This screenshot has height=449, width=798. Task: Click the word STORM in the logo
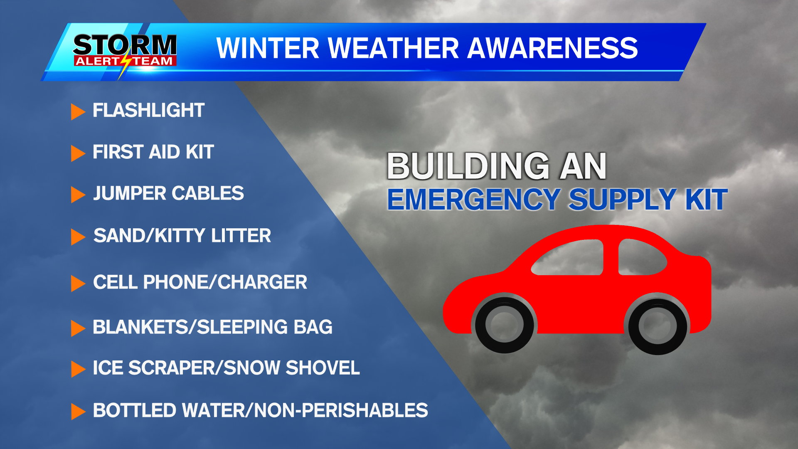point(125,44)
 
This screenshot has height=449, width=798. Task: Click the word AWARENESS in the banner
point(552,48)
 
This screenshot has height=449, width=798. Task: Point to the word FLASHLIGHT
point(148,111)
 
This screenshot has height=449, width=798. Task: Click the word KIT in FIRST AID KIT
point(200,152)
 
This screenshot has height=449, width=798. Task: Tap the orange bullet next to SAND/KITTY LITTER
point(78,237)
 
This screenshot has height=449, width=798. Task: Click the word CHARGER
point(262,282)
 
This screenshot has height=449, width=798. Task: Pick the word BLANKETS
point(139,327)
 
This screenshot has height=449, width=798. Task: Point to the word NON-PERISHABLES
point(341,410)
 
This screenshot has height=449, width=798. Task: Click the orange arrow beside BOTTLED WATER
point(78,411)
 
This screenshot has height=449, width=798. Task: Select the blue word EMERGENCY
point(474,200)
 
